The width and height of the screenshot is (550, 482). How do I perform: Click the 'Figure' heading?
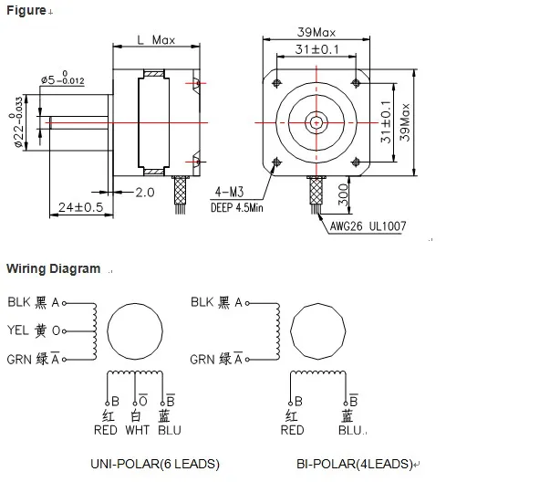pyautogui.click(x=26, y=10)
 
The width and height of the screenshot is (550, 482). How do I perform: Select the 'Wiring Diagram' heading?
pyautogui.click(x=53, y=268)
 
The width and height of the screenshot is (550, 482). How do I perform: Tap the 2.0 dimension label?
pyautogui.click(x=145, y=192)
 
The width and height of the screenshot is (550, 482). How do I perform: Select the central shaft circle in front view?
pyautogui.click(x=317, y=120)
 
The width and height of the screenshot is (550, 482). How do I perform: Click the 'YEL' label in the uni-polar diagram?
pyautogui.click(x=19, y=330)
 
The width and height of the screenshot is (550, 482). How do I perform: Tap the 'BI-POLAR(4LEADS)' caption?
pyautogui.click(x=354, y=464)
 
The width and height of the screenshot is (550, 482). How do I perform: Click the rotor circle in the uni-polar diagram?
pyautogui.click(x=134, y=329)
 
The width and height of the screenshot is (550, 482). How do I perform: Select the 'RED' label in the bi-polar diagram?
pyautogui.click(x=293, y=430)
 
